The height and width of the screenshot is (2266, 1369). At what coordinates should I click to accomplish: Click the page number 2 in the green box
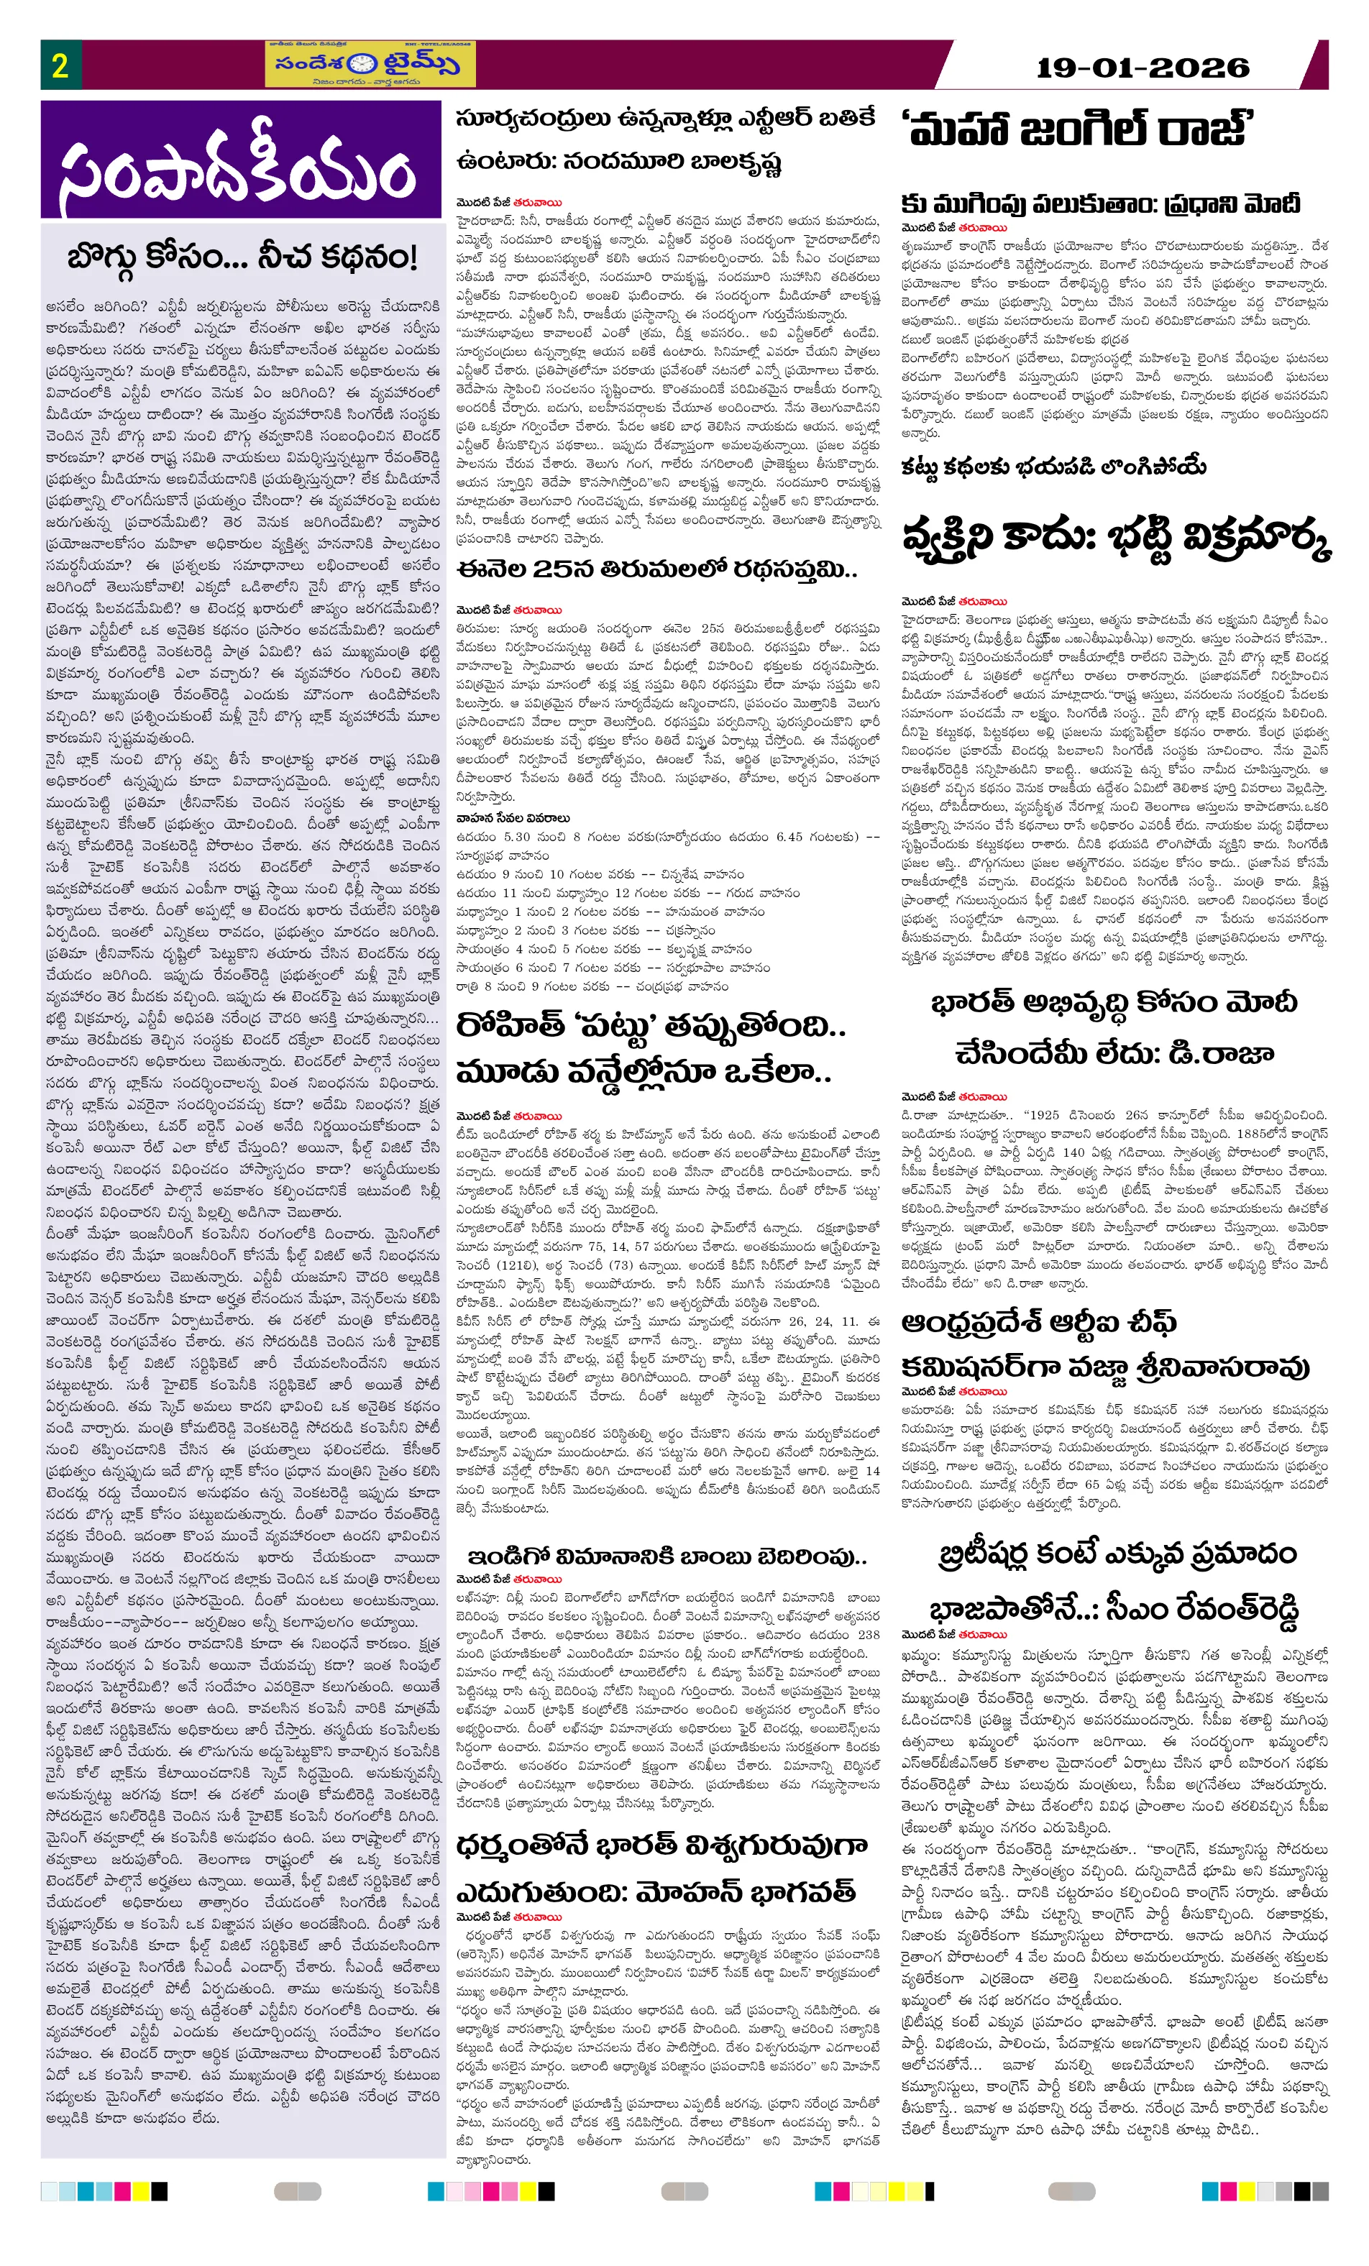click(60, 65)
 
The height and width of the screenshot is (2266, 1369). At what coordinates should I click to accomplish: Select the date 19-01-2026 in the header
click(1142, 67)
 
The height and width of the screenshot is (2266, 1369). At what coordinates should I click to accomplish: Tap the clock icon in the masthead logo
click(365, 65)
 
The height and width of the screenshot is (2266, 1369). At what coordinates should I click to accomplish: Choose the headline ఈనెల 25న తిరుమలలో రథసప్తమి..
click(656, 569)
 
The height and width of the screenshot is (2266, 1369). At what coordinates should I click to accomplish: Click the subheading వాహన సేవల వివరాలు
click(513, 817)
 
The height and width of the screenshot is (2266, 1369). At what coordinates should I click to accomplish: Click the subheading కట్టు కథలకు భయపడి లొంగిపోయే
click(1053, 467)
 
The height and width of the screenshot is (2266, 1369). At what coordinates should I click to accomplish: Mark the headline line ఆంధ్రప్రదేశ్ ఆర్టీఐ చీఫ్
click(1038, 1324)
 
